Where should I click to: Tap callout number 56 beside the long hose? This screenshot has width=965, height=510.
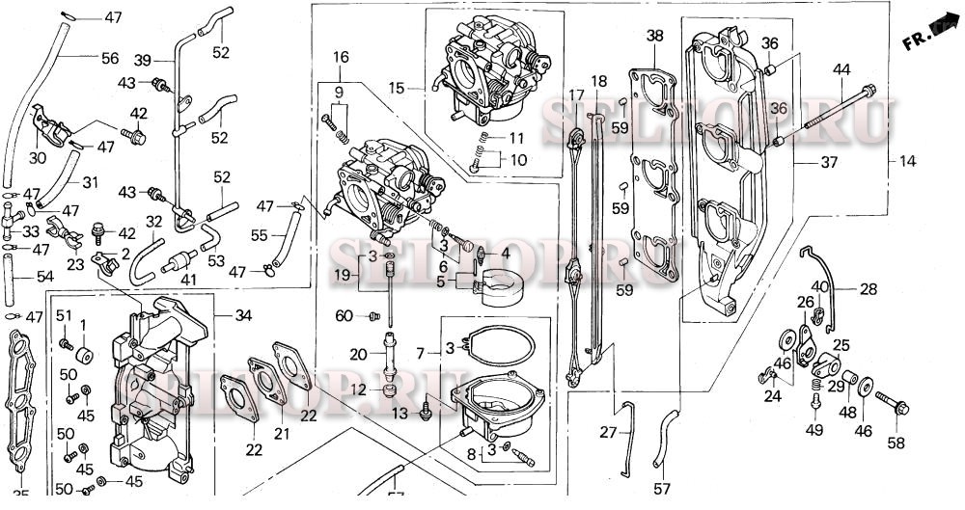[110, 59]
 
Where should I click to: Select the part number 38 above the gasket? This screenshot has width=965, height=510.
[655, 36]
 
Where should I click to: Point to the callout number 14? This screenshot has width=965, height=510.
[906, 160]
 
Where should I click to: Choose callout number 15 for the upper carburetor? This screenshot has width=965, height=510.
[397, 88]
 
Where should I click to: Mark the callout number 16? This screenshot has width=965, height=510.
[341, 58]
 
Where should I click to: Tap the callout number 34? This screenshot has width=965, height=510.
[243, 314]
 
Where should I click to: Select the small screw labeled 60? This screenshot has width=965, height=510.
[372, 315]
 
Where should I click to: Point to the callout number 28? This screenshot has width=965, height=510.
[868, 289]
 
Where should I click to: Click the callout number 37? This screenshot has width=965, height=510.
[829, 162]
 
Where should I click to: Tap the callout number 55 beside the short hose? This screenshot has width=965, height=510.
[260, 234]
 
